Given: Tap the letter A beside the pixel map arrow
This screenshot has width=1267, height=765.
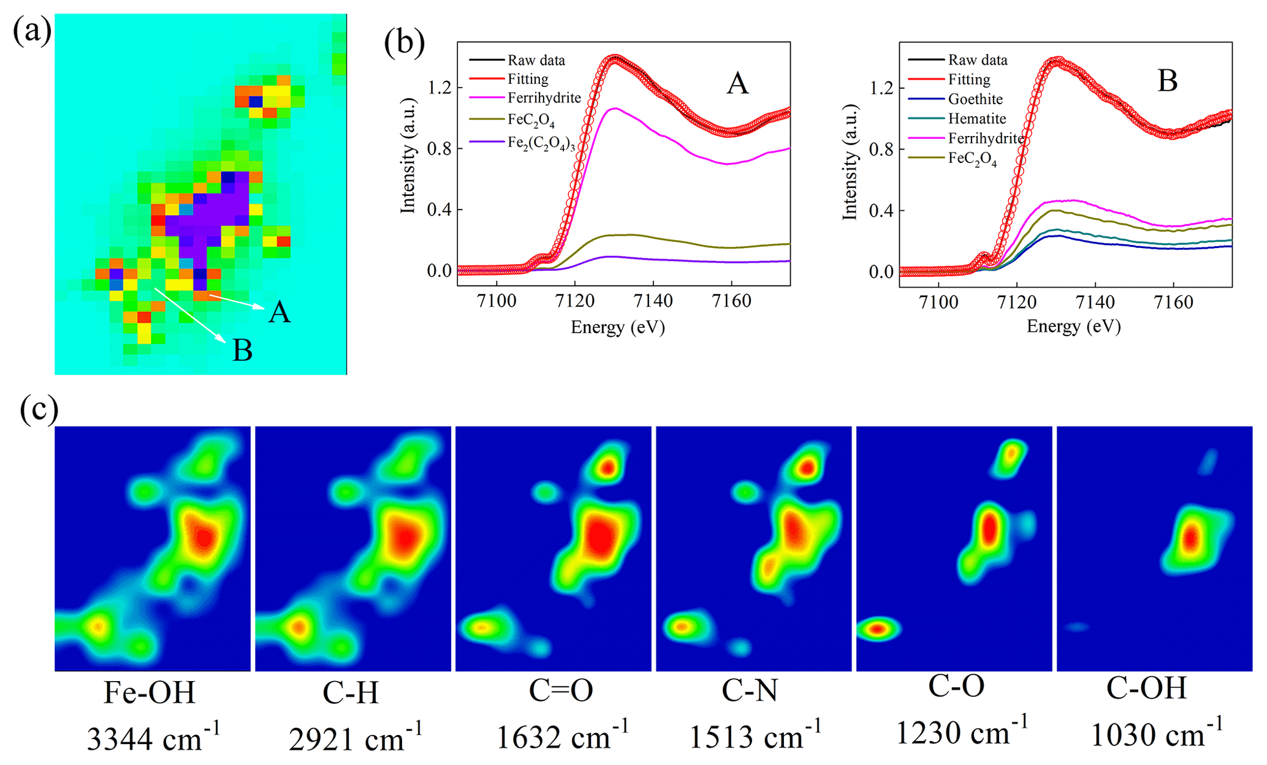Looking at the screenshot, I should coord(280,312).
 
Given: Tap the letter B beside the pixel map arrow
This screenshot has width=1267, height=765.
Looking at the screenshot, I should coord(243,351).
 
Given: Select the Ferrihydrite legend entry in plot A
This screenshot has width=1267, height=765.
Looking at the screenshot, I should coord(544,98).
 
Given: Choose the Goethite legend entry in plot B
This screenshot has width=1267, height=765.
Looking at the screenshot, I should coord(975,99).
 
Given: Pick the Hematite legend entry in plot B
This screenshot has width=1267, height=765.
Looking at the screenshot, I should coord(977,119).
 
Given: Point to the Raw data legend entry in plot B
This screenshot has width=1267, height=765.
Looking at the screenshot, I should coord(978,60).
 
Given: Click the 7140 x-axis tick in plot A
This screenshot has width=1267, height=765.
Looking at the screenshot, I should coord(653,301).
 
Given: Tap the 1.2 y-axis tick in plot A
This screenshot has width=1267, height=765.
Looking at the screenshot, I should coord(439,88).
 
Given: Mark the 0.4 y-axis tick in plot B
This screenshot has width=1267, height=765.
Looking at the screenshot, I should coord(881,211).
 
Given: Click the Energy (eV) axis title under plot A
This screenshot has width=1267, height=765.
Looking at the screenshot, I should coord(618,328).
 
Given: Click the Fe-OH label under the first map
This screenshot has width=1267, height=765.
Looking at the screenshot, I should coord(150,693).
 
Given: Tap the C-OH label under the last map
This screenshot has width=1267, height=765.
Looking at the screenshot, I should coord(1146,688).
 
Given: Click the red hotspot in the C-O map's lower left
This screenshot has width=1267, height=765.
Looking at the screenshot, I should coord(878,629).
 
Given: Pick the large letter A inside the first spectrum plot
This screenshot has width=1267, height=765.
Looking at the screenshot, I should coord(737,83).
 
